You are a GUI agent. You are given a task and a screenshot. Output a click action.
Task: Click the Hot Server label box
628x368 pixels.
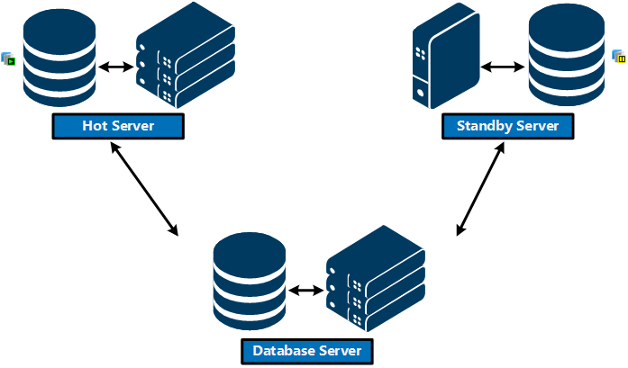pos(118,126)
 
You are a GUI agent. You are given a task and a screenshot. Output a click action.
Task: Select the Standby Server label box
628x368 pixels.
pos(507,126)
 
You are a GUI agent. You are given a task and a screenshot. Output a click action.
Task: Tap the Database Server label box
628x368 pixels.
pos(306,350)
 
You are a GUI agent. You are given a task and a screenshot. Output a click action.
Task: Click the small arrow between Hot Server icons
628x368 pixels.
pos(114,67)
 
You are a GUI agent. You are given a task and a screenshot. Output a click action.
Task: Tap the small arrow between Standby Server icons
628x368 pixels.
pos(504,67)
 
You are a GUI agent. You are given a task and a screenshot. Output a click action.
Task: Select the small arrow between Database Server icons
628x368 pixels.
pos(306,290)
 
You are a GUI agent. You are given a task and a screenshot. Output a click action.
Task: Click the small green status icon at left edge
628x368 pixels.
pos(10,59)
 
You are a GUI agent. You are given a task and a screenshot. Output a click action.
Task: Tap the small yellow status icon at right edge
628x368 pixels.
pos(619,58)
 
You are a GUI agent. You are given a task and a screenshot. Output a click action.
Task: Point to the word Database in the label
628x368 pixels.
pos(283,350)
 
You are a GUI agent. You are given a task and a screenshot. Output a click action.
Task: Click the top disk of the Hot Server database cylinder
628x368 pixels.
pos(59,22)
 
